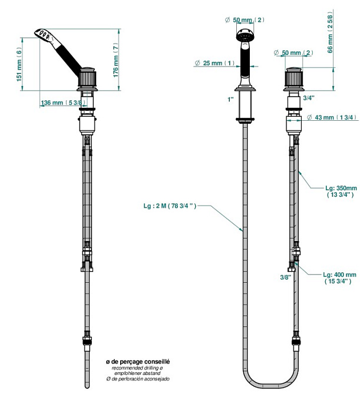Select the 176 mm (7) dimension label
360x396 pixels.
116,60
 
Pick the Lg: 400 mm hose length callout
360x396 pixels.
340,278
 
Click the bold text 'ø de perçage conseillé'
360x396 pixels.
138,361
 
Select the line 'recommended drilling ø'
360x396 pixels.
138,367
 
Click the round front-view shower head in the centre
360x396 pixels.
245,37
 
